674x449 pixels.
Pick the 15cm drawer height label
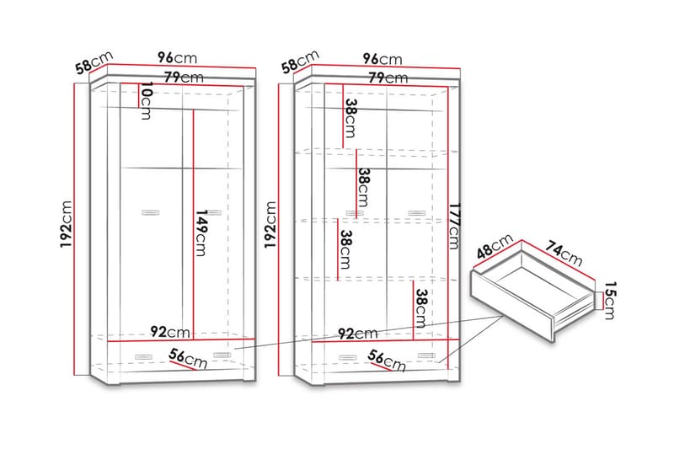pos(607,301)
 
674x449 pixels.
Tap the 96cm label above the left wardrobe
pos(177,58)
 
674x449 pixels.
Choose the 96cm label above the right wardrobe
pos(382,59)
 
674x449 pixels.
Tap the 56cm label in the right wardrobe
pos(388,360)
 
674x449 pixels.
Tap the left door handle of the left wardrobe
pos(151,211)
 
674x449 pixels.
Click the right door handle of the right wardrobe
pos(416,212)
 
